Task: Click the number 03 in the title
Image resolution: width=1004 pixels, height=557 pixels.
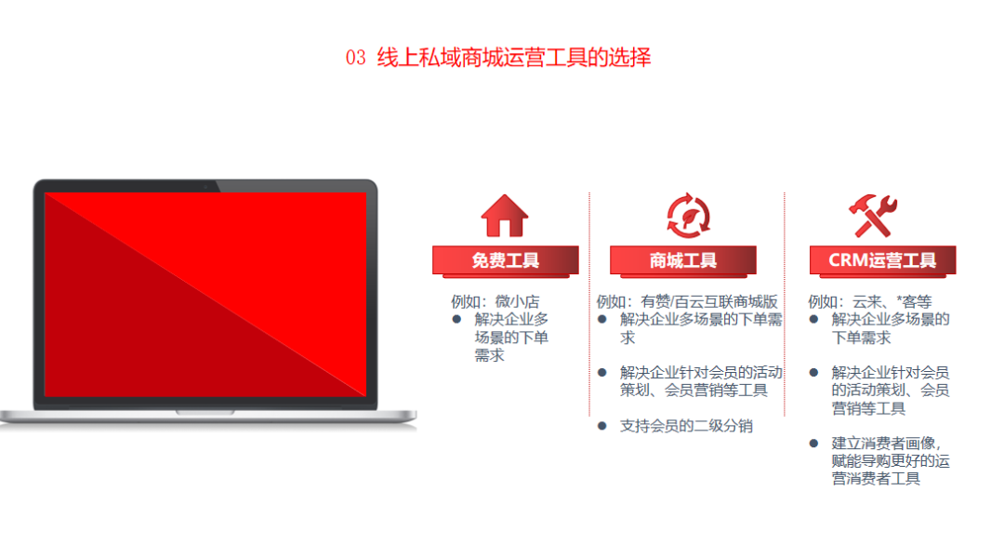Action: (x=355, y=58)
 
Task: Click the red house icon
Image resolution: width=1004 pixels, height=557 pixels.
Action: (x=505, y=216)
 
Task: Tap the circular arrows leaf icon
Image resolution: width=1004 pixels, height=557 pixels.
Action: (x=688, y=216)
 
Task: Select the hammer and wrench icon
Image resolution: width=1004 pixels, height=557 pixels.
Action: (x=873, y=216)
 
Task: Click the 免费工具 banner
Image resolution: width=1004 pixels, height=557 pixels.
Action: (x=505, y=261)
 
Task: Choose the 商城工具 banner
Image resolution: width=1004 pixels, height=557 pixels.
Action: (x=683, y=261)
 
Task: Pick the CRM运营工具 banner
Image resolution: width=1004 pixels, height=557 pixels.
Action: (x=882, y=261)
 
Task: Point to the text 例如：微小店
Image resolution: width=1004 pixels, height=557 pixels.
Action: (x=495, y=301)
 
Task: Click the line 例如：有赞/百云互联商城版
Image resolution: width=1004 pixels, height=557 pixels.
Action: (x=687, y=301)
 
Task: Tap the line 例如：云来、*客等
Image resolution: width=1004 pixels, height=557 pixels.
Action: (x=869, y=301)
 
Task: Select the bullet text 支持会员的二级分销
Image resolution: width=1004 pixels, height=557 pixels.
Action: (x=686, y=426)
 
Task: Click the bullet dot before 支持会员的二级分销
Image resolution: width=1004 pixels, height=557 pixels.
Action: (x=601, y=426)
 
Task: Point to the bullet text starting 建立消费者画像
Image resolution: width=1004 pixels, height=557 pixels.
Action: (x=890, y=461)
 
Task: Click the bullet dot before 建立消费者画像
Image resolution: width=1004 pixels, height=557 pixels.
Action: (x=813, y=443)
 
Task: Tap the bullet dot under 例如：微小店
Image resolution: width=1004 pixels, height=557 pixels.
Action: (x=456, y=319)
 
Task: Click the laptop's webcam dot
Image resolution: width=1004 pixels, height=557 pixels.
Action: (x=205, y=187)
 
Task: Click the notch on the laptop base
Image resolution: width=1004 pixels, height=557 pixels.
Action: (x=205, y=412)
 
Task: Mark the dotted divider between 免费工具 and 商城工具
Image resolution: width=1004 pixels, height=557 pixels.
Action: (x=589, y=304)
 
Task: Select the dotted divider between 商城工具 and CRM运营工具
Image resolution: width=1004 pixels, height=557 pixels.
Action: (x=785, y=304)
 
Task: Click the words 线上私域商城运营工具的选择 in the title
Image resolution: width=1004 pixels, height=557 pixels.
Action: (x=513, y=58)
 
